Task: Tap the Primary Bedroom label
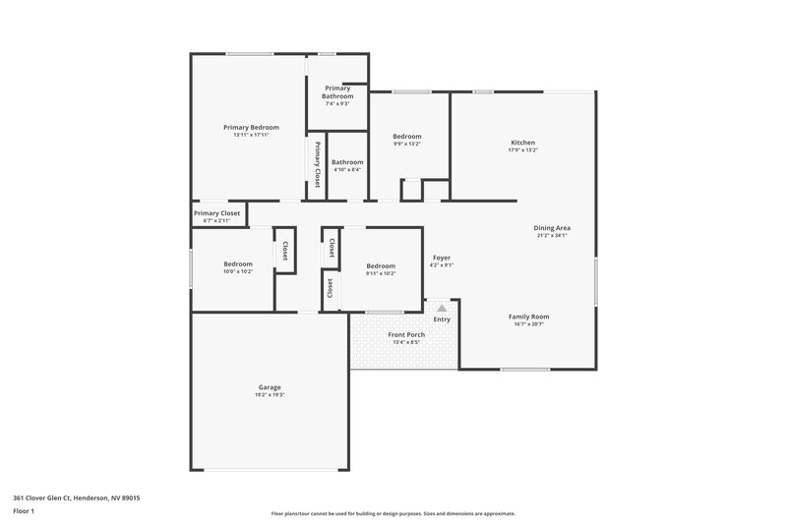coord(251,127)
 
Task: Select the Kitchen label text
coord(522,143)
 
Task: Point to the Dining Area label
coord(552,227)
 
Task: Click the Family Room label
coord(528,316)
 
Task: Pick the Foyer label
coord(442,258)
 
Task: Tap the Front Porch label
coord(406,334)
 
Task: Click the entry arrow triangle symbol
coord(442,308)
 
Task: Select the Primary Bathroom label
coord(337,91)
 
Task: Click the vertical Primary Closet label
coord(318,163)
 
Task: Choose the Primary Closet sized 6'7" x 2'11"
coord(216,213)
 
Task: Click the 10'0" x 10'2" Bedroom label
coord(237,263)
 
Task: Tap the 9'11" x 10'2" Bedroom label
coord(381,265)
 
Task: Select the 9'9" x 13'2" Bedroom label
coord(407,137)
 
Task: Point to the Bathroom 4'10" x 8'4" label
coord(347,162)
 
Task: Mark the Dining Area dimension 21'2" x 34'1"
coord(552,235)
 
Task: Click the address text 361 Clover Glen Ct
coord(77,498)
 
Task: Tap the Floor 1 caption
coord(25,512)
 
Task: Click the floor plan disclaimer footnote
coord(393,513)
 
